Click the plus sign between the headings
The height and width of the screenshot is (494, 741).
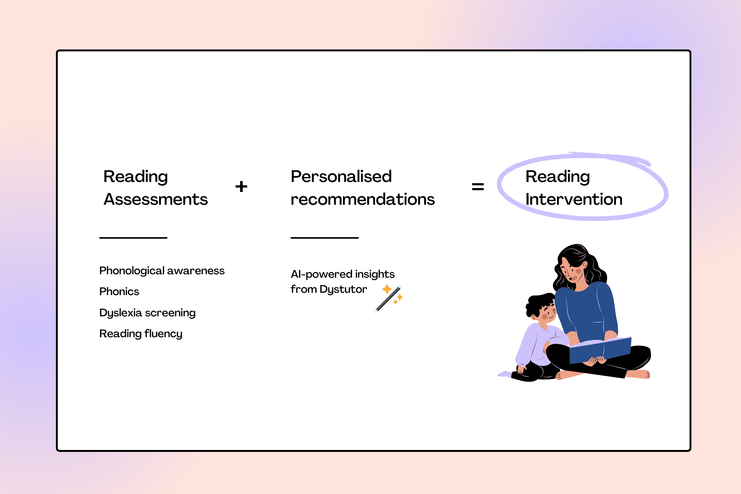click(241, 187)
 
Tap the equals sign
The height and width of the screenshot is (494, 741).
click(478, 187)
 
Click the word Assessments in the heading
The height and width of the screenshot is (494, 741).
click(156, 199)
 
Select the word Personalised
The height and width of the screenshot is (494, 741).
click(341, 177)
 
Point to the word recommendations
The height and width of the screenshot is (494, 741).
click(362, 199)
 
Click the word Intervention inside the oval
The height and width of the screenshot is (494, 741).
click(574, 199)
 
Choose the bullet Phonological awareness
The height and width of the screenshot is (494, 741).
click(162, 271)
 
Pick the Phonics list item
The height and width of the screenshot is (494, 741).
click(119, 292)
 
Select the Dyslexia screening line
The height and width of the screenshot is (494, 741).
click(147, 312)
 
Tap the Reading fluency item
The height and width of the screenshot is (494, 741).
click(141, 334)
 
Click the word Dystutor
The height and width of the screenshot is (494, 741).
click(343, 289)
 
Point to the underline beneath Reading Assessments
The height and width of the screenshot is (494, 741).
click(133, 238)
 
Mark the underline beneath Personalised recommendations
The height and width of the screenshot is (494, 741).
click(325, 238)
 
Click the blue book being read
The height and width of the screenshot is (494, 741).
click(600, 350)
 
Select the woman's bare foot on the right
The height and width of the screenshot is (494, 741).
click(639, 373)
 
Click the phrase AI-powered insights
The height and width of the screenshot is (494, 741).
click(343, 274)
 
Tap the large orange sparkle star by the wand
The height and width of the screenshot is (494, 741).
click(387, 289)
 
